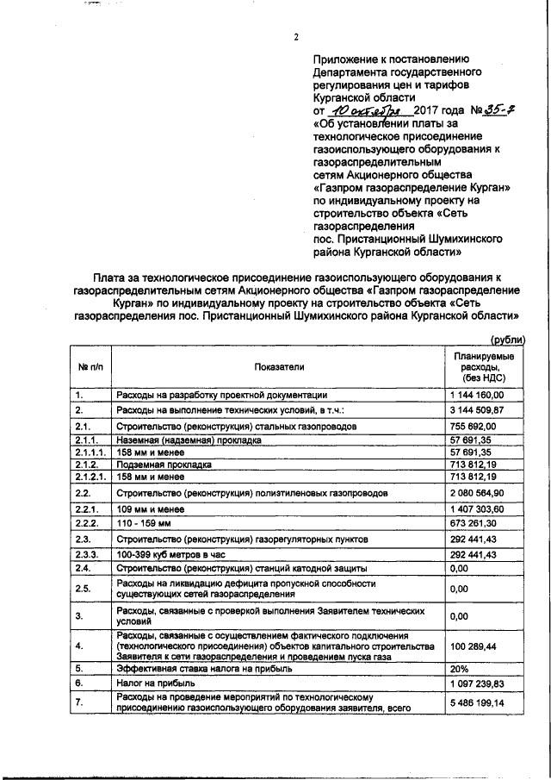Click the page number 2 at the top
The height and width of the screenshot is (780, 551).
coord(295,36)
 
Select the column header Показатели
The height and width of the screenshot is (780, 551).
coord(279,366)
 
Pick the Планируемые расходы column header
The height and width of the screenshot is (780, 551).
coord(484,366)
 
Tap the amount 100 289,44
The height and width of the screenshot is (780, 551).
coord(477,646)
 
